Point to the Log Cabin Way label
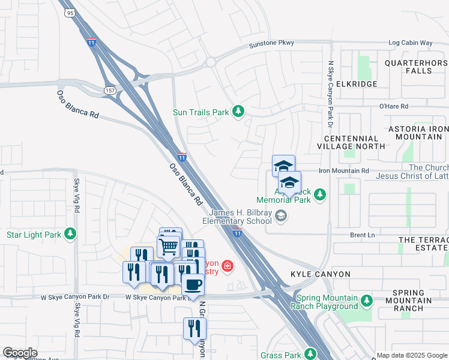(411, 43)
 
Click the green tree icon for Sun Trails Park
(239, 112)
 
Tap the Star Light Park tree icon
(71, 234)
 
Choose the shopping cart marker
(169, 246)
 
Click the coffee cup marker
(193, 284)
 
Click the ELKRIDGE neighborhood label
(357, 85)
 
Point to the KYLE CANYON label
(320, 274)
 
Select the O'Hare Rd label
(394, 106)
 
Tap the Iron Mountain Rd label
(343, 171)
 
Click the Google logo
(20, 353)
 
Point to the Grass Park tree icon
(310, 355)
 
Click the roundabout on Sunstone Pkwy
(211, 62)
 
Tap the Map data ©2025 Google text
(412, 355)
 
